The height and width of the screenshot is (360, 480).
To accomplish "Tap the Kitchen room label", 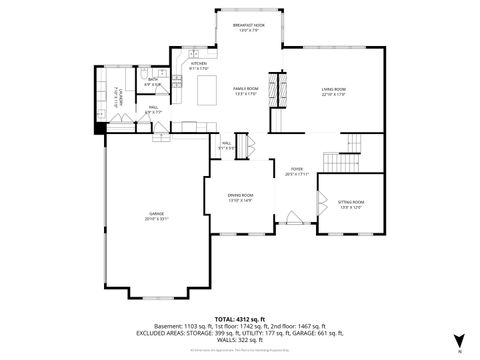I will pyautogui.click(x=199, y=65).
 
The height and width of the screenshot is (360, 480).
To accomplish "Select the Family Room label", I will pyautogui.click(x=246, y=91).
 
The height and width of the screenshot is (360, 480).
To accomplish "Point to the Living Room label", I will pyautogui.click(x=333, y=91).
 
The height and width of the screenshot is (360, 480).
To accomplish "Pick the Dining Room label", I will pyautogui.click(x=240, y=197).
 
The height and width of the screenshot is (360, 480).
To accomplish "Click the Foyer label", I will pyautogui.click(x=297, y=172).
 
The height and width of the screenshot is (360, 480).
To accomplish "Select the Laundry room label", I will pyautogui.click(x=119, y=97).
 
